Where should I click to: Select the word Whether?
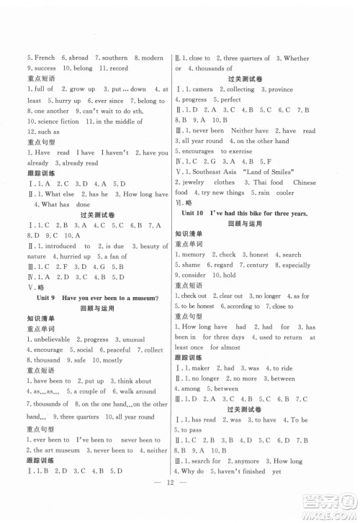coord(294,58)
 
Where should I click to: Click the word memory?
coord(194,255)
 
